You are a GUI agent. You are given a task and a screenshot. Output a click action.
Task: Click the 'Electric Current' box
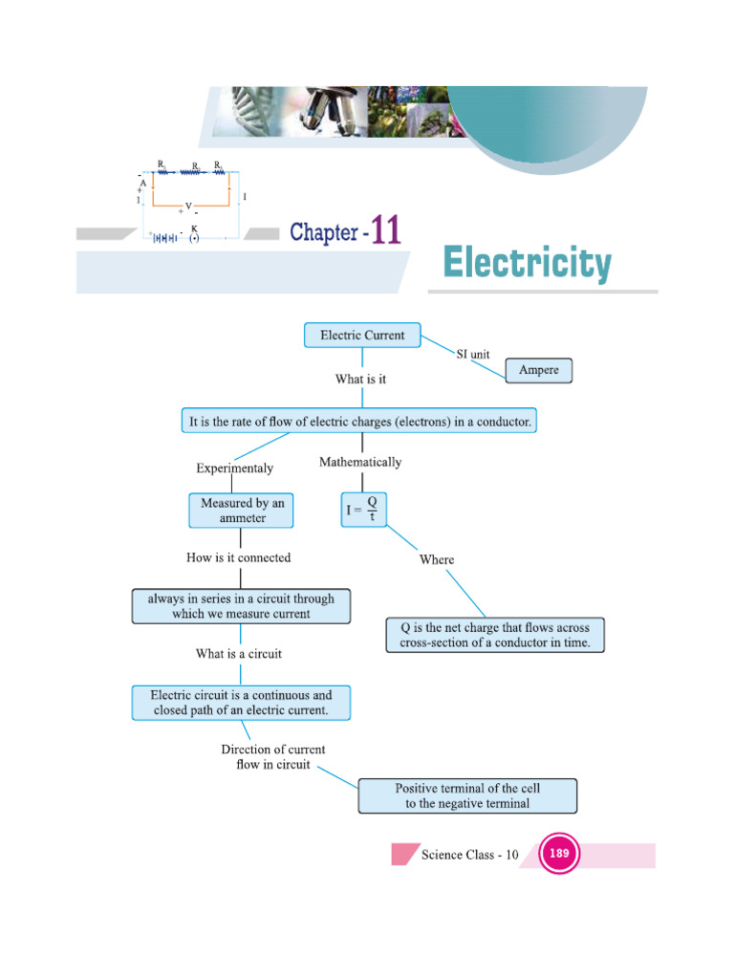click(x=362, y=336)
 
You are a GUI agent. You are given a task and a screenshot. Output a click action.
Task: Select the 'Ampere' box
click(x=538, y=370)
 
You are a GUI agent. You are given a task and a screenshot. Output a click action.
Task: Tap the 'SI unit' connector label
click(x=473, y=355)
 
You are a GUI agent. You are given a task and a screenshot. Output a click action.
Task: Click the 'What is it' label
click(x=360, y=380)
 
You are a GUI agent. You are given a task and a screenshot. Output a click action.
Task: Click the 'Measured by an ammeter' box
click(x=242, y=511)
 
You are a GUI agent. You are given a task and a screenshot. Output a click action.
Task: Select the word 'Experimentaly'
click(x=234, y=468)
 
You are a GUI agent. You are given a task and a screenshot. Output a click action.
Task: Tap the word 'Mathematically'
click(x=360, y=462)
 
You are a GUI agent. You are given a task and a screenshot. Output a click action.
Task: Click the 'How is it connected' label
click(x=239, y=557)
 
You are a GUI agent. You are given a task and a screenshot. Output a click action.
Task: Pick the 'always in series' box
click(x=241, y=606)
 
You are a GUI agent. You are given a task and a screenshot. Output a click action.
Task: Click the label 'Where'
click(x=437, y=559)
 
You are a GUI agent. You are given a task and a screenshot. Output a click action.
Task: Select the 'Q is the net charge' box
click(x=495, y=636)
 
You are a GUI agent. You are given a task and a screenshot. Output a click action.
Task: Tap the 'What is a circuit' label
click(x=239, y=654)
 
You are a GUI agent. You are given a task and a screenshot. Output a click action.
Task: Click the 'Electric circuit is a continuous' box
click(x=241, y=703)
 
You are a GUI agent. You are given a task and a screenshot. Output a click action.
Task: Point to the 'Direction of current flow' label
click(x=273, y=757)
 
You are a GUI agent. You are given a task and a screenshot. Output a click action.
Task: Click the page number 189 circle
click(x=560, y=854)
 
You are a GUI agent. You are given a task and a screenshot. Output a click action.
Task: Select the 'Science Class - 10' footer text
click(x=469, y=855)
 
